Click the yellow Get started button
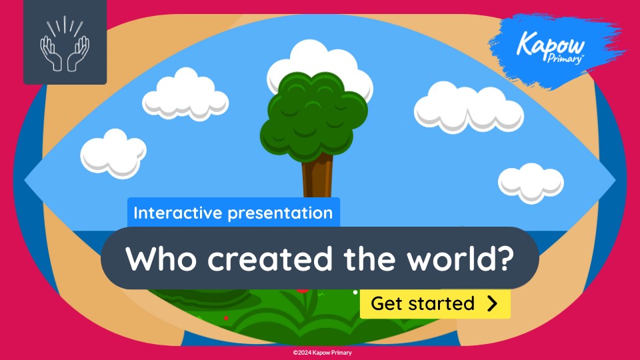click(435, 304)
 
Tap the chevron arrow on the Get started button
click(493, 304)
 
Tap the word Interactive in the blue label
click(178, 213)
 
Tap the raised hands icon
click(65, 44)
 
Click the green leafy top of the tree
click(313, 116)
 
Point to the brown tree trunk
click(317, 176)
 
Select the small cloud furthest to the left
click(113, 153)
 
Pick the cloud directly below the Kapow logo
click(469, 107)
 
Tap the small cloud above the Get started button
click(531, 183)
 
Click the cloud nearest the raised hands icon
click(185, 95)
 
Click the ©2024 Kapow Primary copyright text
click(323, 353)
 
